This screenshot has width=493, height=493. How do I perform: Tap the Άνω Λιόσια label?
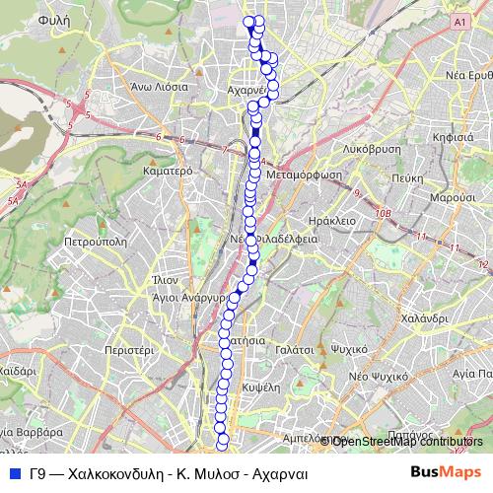[x=159, y=86]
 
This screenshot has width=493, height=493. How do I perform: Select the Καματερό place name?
[x=166, y=170]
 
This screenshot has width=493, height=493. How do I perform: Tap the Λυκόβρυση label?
[x=372, y=148]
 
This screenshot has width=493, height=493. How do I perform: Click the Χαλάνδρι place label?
[x=426, y=318]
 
